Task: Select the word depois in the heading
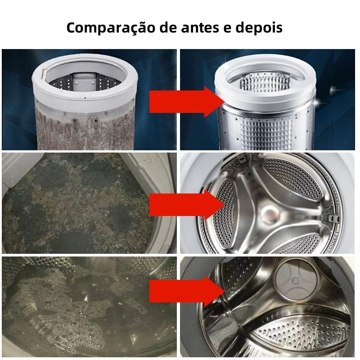[259, 28]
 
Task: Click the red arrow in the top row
[187, 102]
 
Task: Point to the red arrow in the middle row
[187, 205]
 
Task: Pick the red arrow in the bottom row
[187, 291]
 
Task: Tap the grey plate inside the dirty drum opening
[85, 81]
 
